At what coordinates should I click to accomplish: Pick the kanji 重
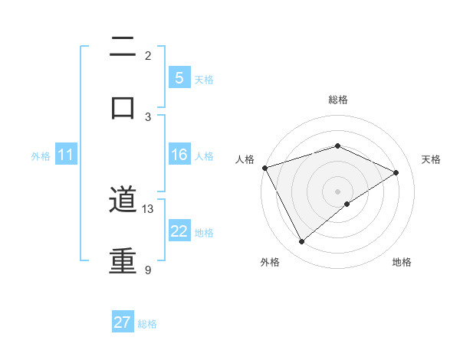coord(123,260)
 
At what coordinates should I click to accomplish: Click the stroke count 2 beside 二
coord(148,55)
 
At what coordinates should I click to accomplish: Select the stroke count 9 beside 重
coord(148,270)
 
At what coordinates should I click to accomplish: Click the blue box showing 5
coord(179,78)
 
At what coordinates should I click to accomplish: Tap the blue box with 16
coord(179,155)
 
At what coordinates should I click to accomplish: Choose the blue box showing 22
coord(179,231)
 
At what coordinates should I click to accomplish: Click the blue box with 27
coord(123,322)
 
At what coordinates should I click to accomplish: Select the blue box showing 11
coord(66,155)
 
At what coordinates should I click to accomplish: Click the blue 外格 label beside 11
coord(41,155)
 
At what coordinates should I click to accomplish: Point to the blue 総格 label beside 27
coord(147,324)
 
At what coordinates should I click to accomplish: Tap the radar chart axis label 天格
coord(431,159)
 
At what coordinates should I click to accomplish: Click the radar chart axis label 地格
coord(402,262)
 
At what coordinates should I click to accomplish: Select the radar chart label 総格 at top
coord(337,100)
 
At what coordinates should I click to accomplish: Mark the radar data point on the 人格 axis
coord(264,168)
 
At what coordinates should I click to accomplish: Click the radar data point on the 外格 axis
coord(301,242)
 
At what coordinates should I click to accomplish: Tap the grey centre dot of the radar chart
coord(337,191)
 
